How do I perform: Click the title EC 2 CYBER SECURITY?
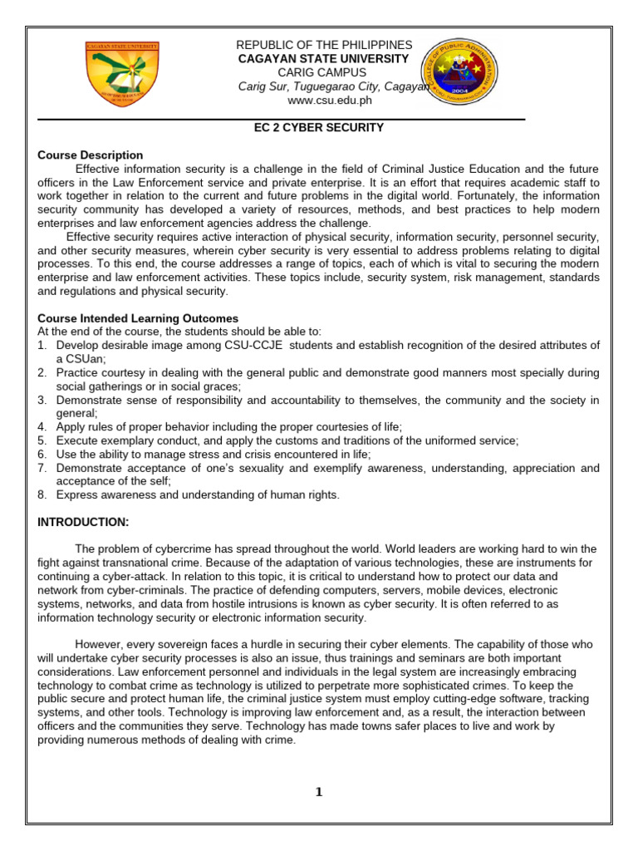(x=318, y=128)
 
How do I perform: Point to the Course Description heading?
(x=91, y=155)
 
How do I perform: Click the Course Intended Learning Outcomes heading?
(x=138, y=318)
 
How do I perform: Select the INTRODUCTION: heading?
(x=83, y=522)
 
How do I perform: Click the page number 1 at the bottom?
(x=318, y=792)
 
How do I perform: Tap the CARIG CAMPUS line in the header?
(x=321, y=72)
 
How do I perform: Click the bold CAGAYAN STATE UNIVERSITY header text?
(x=323, y=58)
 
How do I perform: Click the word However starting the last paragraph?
(x=99, y=644)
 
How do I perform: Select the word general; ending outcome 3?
(x=77, y=413)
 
